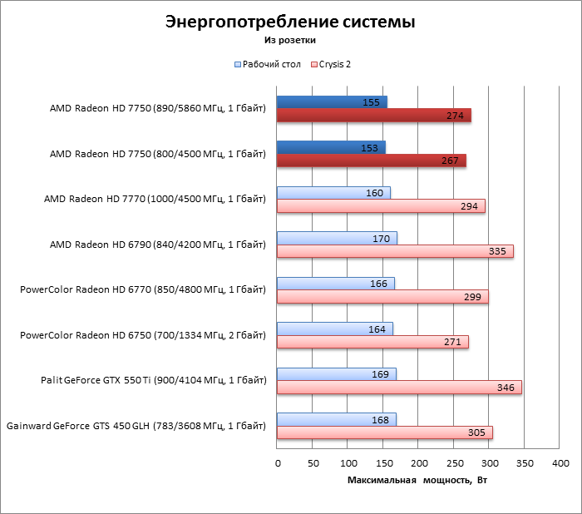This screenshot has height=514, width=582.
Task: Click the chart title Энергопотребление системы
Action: point(290,22)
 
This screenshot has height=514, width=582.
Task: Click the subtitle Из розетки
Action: point(290,39)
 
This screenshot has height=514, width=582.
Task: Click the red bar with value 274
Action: point(373,116)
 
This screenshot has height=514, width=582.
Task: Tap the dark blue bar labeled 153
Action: point(331,147)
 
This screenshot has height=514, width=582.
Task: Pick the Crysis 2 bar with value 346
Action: point(399,387)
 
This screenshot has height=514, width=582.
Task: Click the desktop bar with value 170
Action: point(337,238)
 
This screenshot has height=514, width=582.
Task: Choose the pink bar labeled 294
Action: point(381,206)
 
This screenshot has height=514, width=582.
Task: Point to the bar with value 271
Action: point(372,342)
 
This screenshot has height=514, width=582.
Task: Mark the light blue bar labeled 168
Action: point(336,419)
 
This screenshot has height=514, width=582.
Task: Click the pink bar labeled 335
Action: point(395,251)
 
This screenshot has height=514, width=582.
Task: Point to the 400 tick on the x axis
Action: point(560,462)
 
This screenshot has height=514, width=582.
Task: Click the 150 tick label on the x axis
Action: point(383,462)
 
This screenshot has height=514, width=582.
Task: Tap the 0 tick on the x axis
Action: point(278,462)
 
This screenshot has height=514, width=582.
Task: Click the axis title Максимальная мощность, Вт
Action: point(417,482)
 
